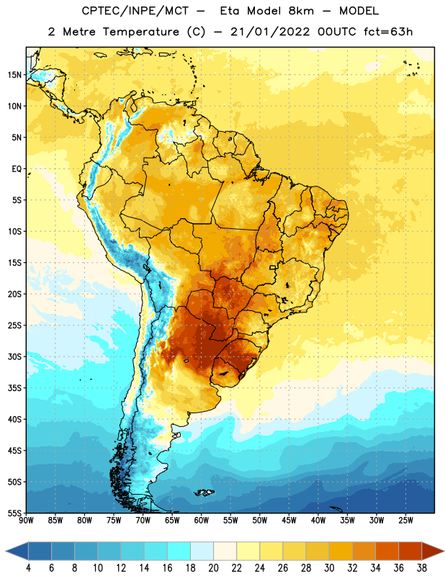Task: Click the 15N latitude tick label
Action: [14, 75]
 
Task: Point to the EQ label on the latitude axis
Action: [17, 169]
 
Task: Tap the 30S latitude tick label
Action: [14, 356]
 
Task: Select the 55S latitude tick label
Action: [14, 513]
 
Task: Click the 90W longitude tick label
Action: [26, 520]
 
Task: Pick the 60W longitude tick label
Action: [202, 520]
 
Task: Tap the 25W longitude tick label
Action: [405, 520]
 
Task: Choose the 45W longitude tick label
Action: [289, 520]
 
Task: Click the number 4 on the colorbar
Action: [28, 568]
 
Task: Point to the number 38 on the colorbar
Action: [422, 568]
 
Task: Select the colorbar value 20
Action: [213, 568]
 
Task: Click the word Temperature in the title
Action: [141, 32]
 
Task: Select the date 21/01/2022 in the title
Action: [270, 32]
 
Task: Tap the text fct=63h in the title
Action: [388, 32]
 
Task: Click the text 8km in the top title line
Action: [301, 11]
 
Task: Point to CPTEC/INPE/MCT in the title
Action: [135, 11]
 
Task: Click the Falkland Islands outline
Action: [204, 492]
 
